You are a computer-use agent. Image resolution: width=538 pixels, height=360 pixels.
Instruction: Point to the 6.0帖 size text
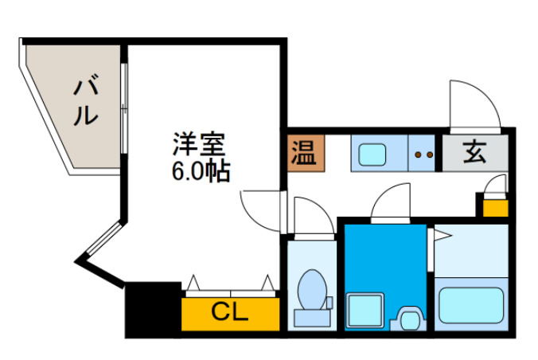pos(201,170)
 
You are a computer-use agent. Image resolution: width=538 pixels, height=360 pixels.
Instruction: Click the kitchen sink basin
pos(371,153)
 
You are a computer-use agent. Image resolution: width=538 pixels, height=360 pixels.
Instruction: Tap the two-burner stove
pos(424,154)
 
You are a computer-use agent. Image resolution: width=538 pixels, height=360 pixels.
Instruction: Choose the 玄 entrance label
pos(474,151)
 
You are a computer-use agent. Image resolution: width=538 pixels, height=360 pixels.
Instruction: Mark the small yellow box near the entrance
pos(496,207)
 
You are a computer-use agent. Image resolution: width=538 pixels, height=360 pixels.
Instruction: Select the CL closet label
pos(230,311)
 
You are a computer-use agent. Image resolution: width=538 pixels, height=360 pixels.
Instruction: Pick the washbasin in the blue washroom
pos(410,319)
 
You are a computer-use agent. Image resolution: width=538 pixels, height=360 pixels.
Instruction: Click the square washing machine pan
pos(366,308)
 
